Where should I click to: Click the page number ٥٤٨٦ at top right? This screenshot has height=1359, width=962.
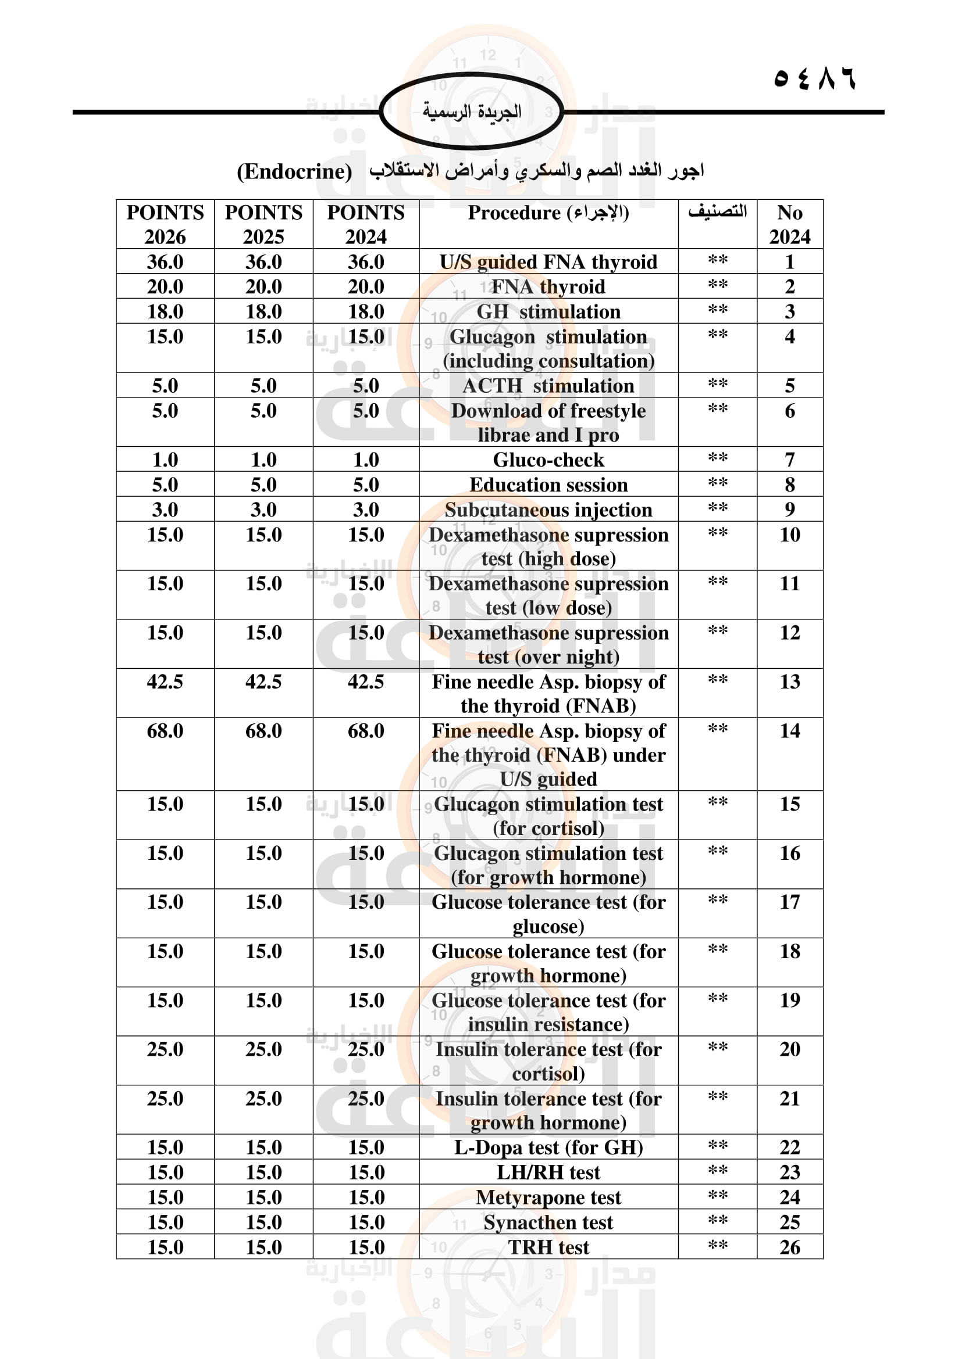click(x=814, y=78)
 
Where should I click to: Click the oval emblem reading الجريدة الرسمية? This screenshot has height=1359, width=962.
click(x=472, y=112)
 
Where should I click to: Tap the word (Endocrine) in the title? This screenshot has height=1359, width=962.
click(x=294, y=171)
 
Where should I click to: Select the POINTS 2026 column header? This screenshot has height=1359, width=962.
click(x=165, y=224)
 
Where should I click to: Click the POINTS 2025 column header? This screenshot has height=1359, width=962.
click(x=263, y=224)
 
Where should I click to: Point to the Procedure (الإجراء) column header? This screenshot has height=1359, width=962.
click(x=548, y=213)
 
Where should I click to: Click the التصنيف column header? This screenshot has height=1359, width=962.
click(x=717, y=212)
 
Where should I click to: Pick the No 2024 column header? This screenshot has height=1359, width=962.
click(x=790, y=224)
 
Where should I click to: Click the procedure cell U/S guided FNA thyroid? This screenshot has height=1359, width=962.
click(x=548, y=261)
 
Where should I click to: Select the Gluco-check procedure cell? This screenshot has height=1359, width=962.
click(x=548, y=460)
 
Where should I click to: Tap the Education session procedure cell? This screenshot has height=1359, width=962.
click(x=548, y=485)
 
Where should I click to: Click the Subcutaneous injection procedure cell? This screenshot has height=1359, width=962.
click(x=548, y=510)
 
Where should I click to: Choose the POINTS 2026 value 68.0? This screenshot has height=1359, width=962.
click(x=165, y=731)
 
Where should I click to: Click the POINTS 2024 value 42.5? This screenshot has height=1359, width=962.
click(x=365, y=682)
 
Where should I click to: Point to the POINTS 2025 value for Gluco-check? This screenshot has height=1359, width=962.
click(x=263, y=460)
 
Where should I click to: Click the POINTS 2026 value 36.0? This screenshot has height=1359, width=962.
click(x=165, y=261)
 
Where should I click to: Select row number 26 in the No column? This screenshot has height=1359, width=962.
click(x=790, y=1247)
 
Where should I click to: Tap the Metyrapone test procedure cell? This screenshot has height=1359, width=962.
click(x=548, y=1197)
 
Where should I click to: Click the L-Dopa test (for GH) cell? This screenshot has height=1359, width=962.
click(x=548, y=1148)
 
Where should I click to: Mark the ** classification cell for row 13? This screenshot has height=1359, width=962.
click(x=717, y=681)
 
